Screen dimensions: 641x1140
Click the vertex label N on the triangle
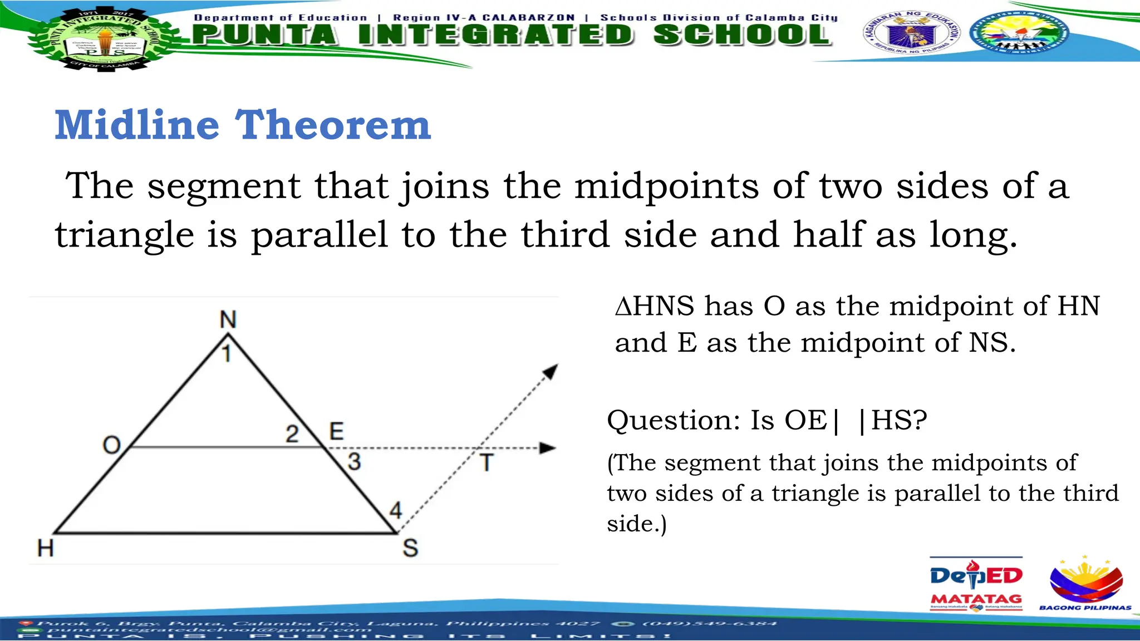point(228,319)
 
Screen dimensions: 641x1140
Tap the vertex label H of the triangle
point(46,548)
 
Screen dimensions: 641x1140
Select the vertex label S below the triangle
point(410,548)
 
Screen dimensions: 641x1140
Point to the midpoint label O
point(112,445)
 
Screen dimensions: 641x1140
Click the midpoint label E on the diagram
point(337,431)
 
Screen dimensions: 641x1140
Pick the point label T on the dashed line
point(487,463)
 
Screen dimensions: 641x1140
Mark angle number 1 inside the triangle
point(227,354)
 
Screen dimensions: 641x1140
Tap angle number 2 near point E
point(292,434)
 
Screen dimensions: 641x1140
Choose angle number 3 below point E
point(355,462)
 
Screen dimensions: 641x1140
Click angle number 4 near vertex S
point(395,510)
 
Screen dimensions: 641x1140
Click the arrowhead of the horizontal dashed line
point(548,448)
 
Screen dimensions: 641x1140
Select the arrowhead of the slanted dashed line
point(551,371)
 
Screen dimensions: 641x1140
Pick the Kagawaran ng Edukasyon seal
point(911,32)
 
